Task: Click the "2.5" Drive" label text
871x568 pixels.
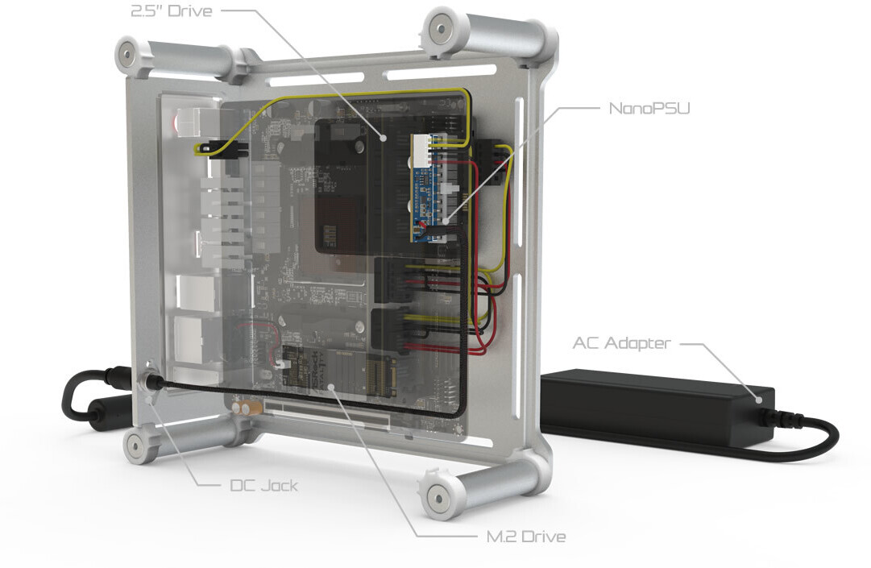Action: pyautogui.click(x=171, y=11)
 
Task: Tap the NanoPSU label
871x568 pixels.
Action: pyautogui.click(x=650, y=107)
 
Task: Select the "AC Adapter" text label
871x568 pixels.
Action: pyautogui.click(x=620, y=343)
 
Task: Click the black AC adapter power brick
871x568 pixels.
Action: pyautogui.click(x=653, y=407)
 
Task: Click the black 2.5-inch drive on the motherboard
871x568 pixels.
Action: pyautogui.click(x=355, y=185)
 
